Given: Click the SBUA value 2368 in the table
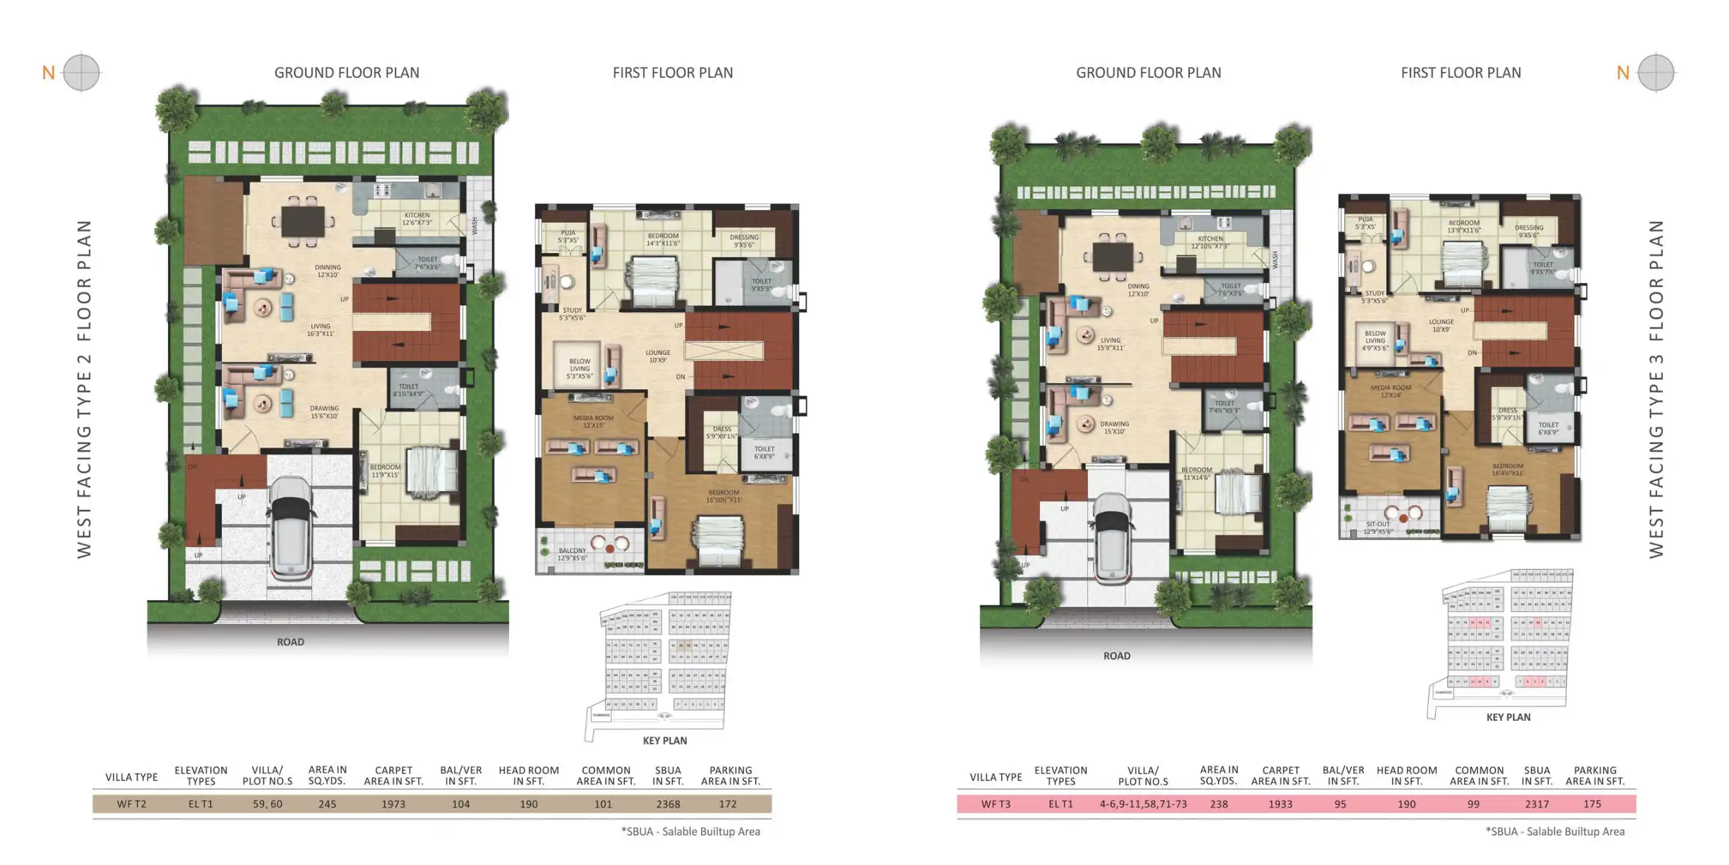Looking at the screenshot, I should point(667,804).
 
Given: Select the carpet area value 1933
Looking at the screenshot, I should point(1279,804).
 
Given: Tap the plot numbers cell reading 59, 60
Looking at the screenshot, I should point(267,804).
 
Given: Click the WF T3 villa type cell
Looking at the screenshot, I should point(995,804).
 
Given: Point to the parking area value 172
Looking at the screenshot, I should point(727,804).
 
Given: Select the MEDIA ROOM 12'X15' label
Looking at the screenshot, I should point(592,421).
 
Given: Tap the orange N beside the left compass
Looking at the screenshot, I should point(48,73).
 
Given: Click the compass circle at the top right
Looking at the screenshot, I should point(1656,72).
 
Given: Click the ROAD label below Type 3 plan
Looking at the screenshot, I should point(1116,656).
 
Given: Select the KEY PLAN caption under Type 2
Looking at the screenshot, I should point(664,740).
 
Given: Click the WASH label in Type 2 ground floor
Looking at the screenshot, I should point(474,225).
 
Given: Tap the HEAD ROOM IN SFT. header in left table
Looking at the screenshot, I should point(528,776).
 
